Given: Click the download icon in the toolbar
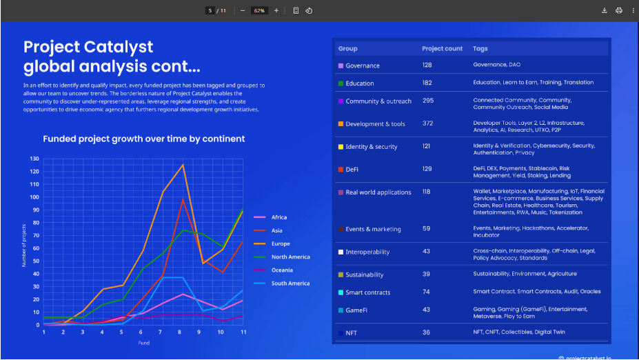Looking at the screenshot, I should pyautogui.click(x=605, y=10).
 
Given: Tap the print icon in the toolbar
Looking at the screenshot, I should pyautogui.click(x=619, y=10).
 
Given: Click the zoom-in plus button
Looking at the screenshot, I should pyautogui.click(x=276, y=10).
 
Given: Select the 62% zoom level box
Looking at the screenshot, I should pyautogui.click(x=258, y=10).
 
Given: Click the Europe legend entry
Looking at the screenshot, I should pyautogui.click(x=281, y=243).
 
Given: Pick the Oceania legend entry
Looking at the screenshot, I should pyautogui.click(x=281, y=270).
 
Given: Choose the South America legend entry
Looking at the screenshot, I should pyautogui.click(x=290, y=283).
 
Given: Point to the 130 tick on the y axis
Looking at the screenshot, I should pyautogui.click(x=34, y=159).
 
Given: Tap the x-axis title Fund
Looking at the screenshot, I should pyautogui.click(x=143, y=343).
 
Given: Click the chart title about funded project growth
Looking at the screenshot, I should pyautogui.click(x=143, y=139).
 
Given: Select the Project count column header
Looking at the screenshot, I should pyautogui.click(x=442, y=49).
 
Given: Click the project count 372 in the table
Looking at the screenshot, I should pyautogui.click(x=428, y=123).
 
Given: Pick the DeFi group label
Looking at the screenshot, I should pyautogui.click(x=352, y=169).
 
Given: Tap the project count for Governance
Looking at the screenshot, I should pyautogui.click(x=427, y=65).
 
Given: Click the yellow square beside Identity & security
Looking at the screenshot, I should pyautogui.click(x=341, y=147).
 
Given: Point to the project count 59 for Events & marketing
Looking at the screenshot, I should pyautogui.click(x=426, y=228).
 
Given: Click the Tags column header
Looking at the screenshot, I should pyautogui.click(x=480, y=49).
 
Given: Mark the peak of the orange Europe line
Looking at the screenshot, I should pyautogui.click(x=183, y=164).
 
